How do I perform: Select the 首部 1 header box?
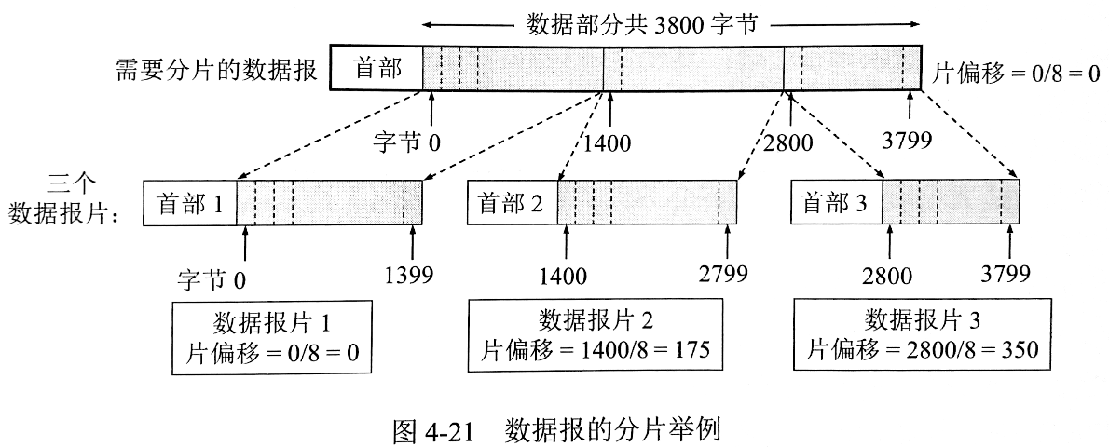click(x=190, y=202)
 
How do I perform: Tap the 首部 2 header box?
click(x=512, y=202)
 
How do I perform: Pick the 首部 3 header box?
click(x=836, y=202)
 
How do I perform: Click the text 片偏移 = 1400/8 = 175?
click(x=596, y=351)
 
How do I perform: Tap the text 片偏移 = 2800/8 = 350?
click(x=923, y=351)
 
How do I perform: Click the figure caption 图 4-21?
click(x=437, y=430)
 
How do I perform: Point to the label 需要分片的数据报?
click(x=217, y=72)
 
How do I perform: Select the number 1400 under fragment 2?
click(x=562, y=276)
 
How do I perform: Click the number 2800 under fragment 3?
click(x=888, y=276)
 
